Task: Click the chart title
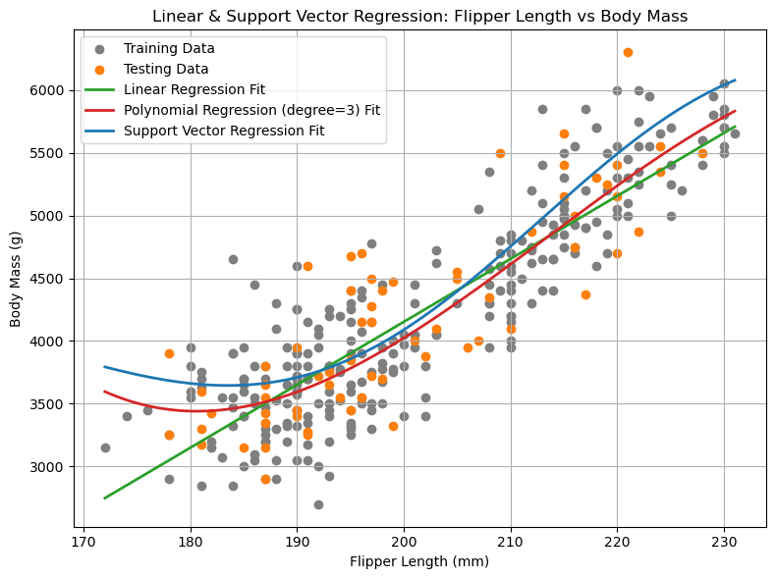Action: tap(420, 16)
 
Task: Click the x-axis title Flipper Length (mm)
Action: tap(420, 562)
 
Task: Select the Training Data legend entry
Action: tap(169, 48)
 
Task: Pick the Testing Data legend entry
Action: tap(165, 69)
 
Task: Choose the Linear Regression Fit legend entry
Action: tap(194, 89)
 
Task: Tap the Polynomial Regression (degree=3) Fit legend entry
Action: tap(251, 110)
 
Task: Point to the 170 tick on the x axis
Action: tap(83, 541)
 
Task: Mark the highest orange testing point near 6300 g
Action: tap(628, 53)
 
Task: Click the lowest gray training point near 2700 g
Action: tap(318, 504)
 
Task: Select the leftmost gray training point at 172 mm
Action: tap(105, 447)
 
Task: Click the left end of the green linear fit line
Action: tap(105, 498)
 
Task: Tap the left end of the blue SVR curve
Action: tap(105, 367)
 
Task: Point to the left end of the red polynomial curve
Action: tap(105, 392)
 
